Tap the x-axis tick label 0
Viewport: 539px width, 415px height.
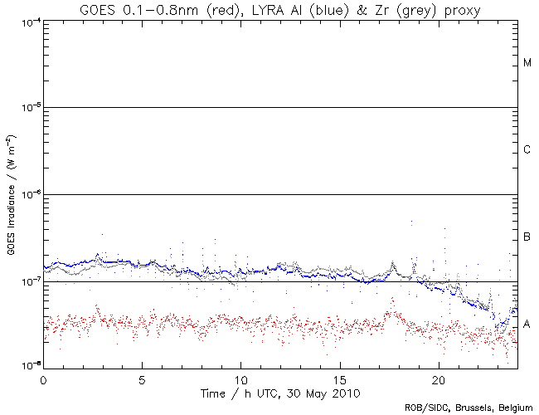point(43,378)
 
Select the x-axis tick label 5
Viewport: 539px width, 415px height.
point(142,378)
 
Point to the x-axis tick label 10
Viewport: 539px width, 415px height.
point(240,378)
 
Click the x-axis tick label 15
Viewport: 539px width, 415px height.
point(339,378)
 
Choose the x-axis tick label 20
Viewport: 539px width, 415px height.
point(438,378)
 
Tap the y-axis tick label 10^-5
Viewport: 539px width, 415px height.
point(27,108)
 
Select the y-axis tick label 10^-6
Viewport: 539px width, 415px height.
point(27,194)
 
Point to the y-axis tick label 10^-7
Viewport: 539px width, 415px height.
point(27,281)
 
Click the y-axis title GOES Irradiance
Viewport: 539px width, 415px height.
point(11,195)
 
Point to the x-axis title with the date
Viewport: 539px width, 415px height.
point(279,391)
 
